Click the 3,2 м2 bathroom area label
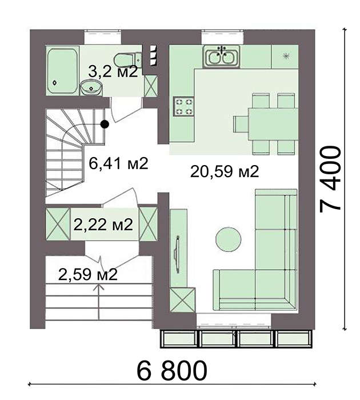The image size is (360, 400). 113,71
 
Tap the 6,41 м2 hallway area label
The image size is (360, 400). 118,163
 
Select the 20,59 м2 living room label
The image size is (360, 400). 225,171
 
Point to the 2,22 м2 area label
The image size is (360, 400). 103,225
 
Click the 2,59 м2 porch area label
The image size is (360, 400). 88,274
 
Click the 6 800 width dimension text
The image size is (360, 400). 172,370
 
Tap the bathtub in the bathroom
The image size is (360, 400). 63,71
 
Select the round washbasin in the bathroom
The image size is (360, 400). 91,87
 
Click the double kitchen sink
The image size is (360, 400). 221,57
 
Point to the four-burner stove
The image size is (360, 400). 183,107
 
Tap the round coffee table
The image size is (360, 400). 229,239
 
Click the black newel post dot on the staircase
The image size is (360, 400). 105,124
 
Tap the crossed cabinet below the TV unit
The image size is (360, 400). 183,300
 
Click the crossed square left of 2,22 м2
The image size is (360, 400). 58,224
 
